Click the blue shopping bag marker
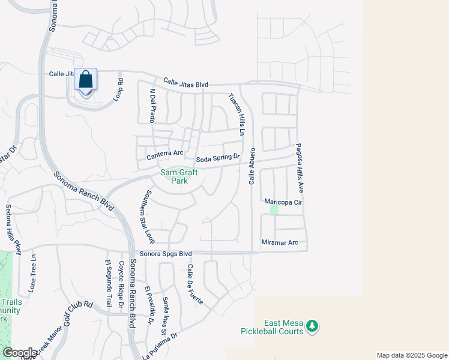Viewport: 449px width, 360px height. [x=85, y=80]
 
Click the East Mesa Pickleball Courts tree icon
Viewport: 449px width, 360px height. [x=312, y=326]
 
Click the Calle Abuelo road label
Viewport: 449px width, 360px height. [x=253, y=166]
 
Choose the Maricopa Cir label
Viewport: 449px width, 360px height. [x=283, y=203]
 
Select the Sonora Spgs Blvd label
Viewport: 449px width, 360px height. [x=165, y=254]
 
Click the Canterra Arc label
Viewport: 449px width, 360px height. [x=165, y=154]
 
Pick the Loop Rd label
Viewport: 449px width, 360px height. [x=120, y=89]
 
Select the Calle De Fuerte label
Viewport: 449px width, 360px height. [x=194, y=284]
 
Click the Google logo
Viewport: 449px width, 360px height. [x=19, y=353]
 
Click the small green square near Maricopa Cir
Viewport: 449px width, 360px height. [x=274, y=210]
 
